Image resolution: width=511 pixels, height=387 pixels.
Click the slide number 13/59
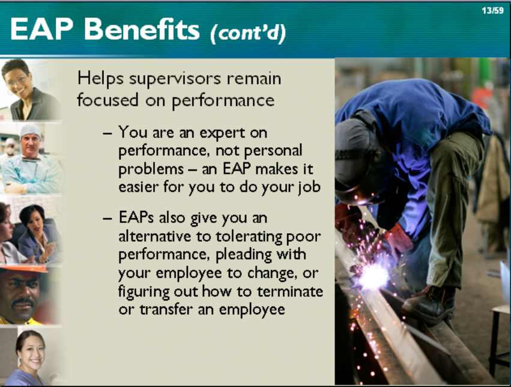492,10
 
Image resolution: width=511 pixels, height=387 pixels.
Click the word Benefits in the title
142,29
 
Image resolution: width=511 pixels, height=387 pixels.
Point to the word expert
222,133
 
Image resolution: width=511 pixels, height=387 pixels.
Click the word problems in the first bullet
151,169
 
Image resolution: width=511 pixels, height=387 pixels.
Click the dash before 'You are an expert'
107,133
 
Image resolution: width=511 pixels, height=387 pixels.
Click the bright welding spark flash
373,277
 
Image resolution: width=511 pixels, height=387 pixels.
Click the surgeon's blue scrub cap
30,130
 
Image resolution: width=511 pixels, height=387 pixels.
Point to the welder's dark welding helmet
354,160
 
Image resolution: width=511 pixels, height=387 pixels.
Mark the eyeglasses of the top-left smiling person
17,80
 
